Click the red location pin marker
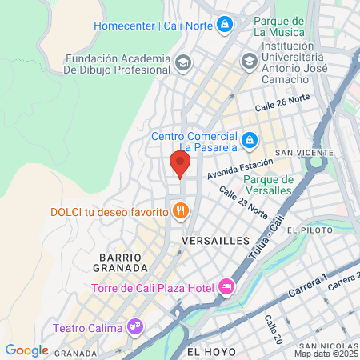(179, 163)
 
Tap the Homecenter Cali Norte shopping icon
(226, 25)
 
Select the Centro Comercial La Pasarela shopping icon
(250, 140)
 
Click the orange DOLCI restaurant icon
(182, 211)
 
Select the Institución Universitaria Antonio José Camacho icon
(249, 60)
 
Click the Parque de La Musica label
(278, 26)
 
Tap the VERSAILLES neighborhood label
(216, 240)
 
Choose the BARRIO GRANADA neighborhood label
(124, 262)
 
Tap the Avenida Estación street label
(239, 167)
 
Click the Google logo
(26, 350)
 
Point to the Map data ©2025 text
(326, 353)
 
